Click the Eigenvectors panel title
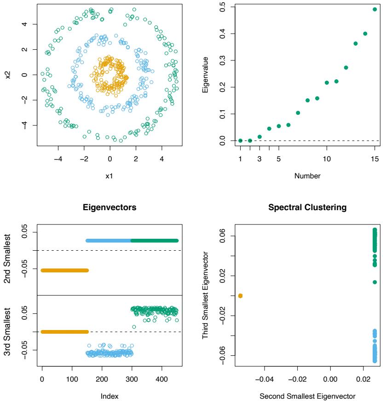109,208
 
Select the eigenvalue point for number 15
375,9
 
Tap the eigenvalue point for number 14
365,33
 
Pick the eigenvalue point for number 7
298,112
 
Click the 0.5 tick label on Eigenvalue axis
223,7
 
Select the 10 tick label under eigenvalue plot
327,158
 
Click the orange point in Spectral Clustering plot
240,295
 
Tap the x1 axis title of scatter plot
109,176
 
